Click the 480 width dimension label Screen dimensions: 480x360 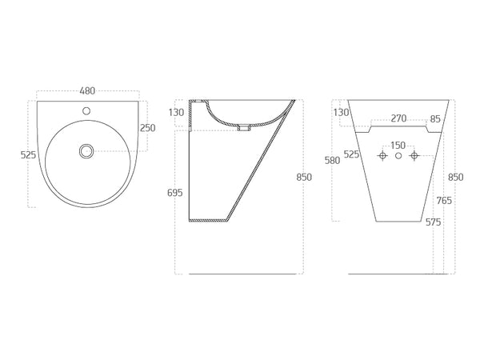click(x=87, y=91)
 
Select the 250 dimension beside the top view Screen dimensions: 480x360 click(x=148, y=128)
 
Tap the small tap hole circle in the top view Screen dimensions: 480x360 click(x=87, y=110)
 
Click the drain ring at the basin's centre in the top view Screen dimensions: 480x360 click(x=86, y=151)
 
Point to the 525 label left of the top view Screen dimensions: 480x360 click(x=29, y=155)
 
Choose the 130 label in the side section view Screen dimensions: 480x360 click(x=176, y=113)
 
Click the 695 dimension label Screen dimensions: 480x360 click(x=174, y=193)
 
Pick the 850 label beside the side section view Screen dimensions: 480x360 click(x=304, y=178)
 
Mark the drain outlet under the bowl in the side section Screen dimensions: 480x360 click(x=244, y=128)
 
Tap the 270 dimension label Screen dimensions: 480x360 click(x=398, y=118)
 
